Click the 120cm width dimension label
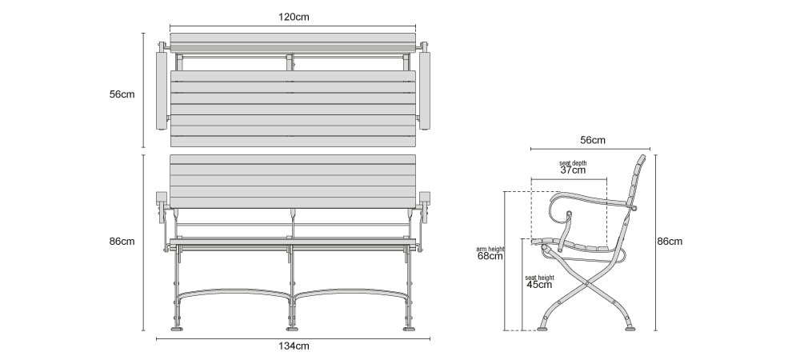pos(294,17)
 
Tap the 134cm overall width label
pos(294,346)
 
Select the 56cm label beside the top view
pos(122,94)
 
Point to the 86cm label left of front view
pos(122,242)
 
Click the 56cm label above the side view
pos(593,140)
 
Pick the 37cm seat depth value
pos(573,170)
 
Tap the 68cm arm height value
pos(490,256)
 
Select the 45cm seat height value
pos(539,285)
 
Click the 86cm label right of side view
pos(670,242)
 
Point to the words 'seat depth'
pos(573,163)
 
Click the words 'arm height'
pos(490,249)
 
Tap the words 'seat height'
pos(539,278)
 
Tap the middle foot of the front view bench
pos(292,330)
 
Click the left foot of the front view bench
pos(177,330)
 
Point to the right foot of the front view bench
pos(409,330)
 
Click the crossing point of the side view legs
pos(586,286)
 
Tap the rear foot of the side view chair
pos(630,329)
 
